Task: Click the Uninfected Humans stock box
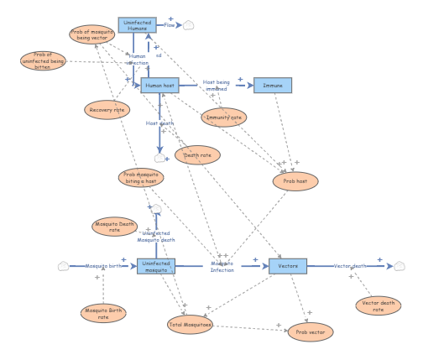pyautogui.click(x=137, y=25)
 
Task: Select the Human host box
pyautogui.click(x=159, y=85)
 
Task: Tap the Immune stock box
pyautogui.click(x=273, y=85)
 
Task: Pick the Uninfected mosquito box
pyautogui.click(x=156, y=266)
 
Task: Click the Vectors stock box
pyautogui.click(x=288, y=266)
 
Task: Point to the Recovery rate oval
pyautogui.click(x=107, y=109)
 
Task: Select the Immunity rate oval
pyautogui.click(x=224, y=117)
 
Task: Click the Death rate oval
pyautogui.click(x=197, y=154)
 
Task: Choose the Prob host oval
pyautogui.click(x=295, y=181)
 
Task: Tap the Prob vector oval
pyautogui.click(x=311, y=331)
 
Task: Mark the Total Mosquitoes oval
pyautogui.click(x=191, y=324)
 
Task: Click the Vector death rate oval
pyautogui.click(x=378, y=305)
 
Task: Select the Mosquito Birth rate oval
pyautogui.click(x=103, y=313)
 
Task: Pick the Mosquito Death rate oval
pyautogui.click(x=115, y=227)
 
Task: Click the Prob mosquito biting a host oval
pyautogui.click(x=141, y=177)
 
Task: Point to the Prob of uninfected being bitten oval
pyautogui.click(x=43, y=60)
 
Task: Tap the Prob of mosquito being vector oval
pyautogui.click(x=91, y=34)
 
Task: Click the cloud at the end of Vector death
pyautogui.click(x=399, y=266)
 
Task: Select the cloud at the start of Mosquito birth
pyautogui.click(x=63, y=266)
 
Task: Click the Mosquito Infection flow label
pyautogui.click(x=222, y=266)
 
